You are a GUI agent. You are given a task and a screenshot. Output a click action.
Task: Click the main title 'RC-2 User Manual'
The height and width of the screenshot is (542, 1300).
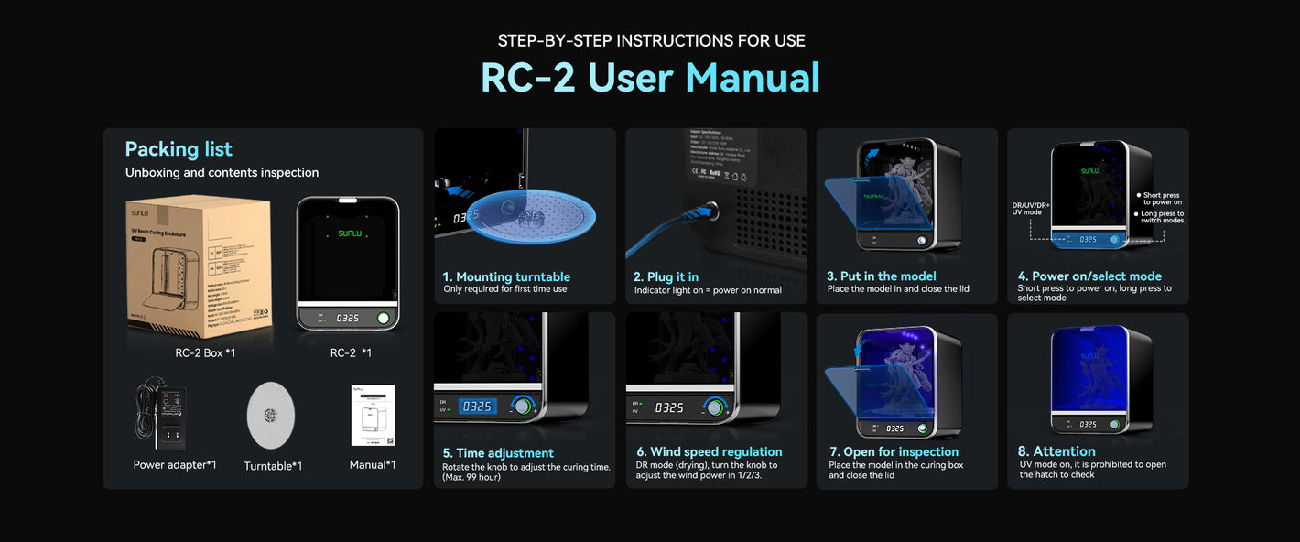pos(650,78)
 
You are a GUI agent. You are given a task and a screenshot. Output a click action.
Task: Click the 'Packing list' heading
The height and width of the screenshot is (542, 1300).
pos(179,149)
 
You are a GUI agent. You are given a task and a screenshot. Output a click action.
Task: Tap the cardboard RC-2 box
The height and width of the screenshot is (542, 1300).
pos(199,266)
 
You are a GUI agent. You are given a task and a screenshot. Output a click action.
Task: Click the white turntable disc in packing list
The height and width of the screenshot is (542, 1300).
pos(271,416)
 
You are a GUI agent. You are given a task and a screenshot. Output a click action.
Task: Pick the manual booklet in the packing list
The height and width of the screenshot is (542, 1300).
pos(373,415)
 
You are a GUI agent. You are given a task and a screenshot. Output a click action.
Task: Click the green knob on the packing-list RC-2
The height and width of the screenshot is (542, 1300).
pos(383,319)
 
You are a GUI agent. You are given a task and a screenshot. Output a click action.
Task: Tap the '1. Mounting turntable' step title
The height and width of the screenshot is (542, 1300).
pos(506,276)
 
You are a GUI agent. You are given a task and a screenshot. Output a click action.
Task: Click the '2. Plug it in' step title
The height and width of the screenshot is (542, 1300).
pos(666,276)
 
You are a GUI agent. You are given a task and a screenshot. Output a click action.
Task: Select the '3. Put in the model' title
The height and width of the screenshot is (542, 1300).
pos(882,276)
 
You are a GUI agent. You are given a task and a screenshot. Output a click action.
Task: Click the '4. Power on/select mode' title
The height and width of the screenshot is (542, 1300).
pos(1089,276)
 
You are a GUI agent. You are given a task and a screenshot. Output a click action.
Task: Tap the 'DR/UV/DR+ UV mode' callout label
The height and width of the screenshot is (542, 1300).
pos(1029,209)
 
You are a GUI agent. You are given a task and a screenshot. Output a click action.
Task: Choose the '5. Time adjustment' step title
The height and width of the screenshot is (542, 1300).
pos(498,453)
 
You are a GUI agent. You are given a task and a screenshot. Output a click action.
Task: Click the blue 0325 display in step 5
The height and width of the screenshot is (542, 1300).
pos(477,406)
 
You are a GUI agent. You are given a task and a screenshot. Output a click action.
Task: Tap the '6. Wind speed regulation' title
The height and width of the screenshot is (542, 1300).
pos(710,451)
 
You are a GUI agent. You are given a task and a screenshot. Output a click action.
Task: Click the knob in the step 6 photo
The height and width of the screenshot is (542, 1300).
pos(713,406)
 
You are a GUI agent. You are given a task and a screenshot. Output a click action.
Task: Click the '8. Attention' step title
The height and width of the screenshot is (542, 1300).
pos(1057,451)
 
